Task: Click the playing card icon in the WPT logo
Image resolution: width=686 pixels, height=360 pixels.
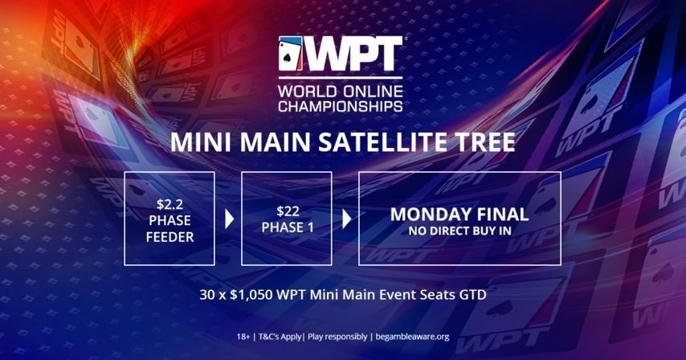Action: click(290, 55)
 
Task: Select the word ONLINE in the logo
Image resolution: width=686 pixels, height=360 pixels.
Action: click(369, 89)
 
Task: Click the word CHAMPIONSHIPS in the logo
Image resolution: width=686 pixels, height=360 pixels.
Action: click(340, 104)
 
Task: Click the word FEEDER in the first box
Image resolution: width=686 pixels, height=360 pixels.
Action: click(169, 237)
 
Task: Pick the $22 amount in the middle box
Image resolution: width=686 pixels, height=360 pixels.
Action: click(287, 211)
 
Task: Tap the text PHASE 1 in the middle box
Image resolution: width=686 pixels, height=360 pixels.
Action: click(287, 227)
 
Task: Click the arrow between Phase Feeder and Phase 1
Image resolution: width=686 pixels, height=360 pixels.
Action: click(229, 219)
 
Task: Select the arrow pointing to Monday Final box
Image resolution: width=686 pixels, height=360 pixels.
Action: click(346, 219)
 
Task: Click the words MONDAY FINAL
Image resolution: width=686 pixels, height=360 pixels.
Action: click(459, 215)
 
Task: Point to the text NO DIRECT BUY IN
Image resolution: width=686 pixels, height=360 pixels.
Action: click(459, 231)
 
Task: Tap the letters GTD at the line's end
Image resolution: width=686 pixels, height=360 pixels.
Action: click(472, 295)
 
